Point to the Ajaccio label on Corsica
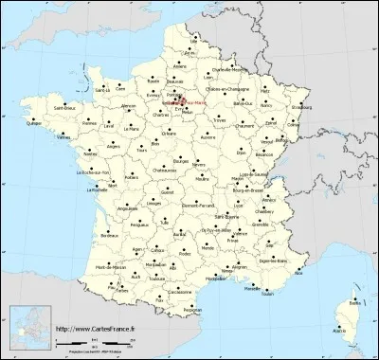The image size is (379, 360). pyautogui.click(x=338, y=331)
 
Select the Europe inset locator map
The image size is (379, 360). pyautogui.click(x=28, y=328)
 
